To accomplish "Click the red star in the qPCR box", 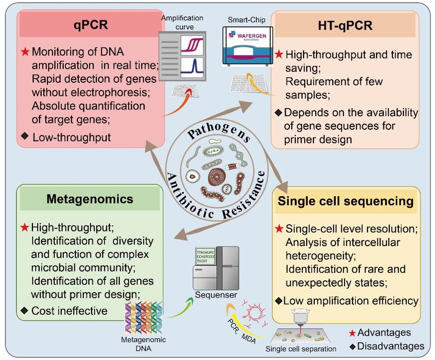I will pos(25,52).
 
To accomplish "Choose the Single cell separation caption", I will pos(301,349).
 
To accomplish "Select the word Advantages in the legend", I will pos(384,333).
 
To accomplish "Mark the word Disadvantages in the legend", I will pos(391,346).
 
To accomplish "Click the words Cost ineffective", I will pos(69,311).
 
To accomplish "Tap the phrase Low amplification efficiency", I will pos(351,300).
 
